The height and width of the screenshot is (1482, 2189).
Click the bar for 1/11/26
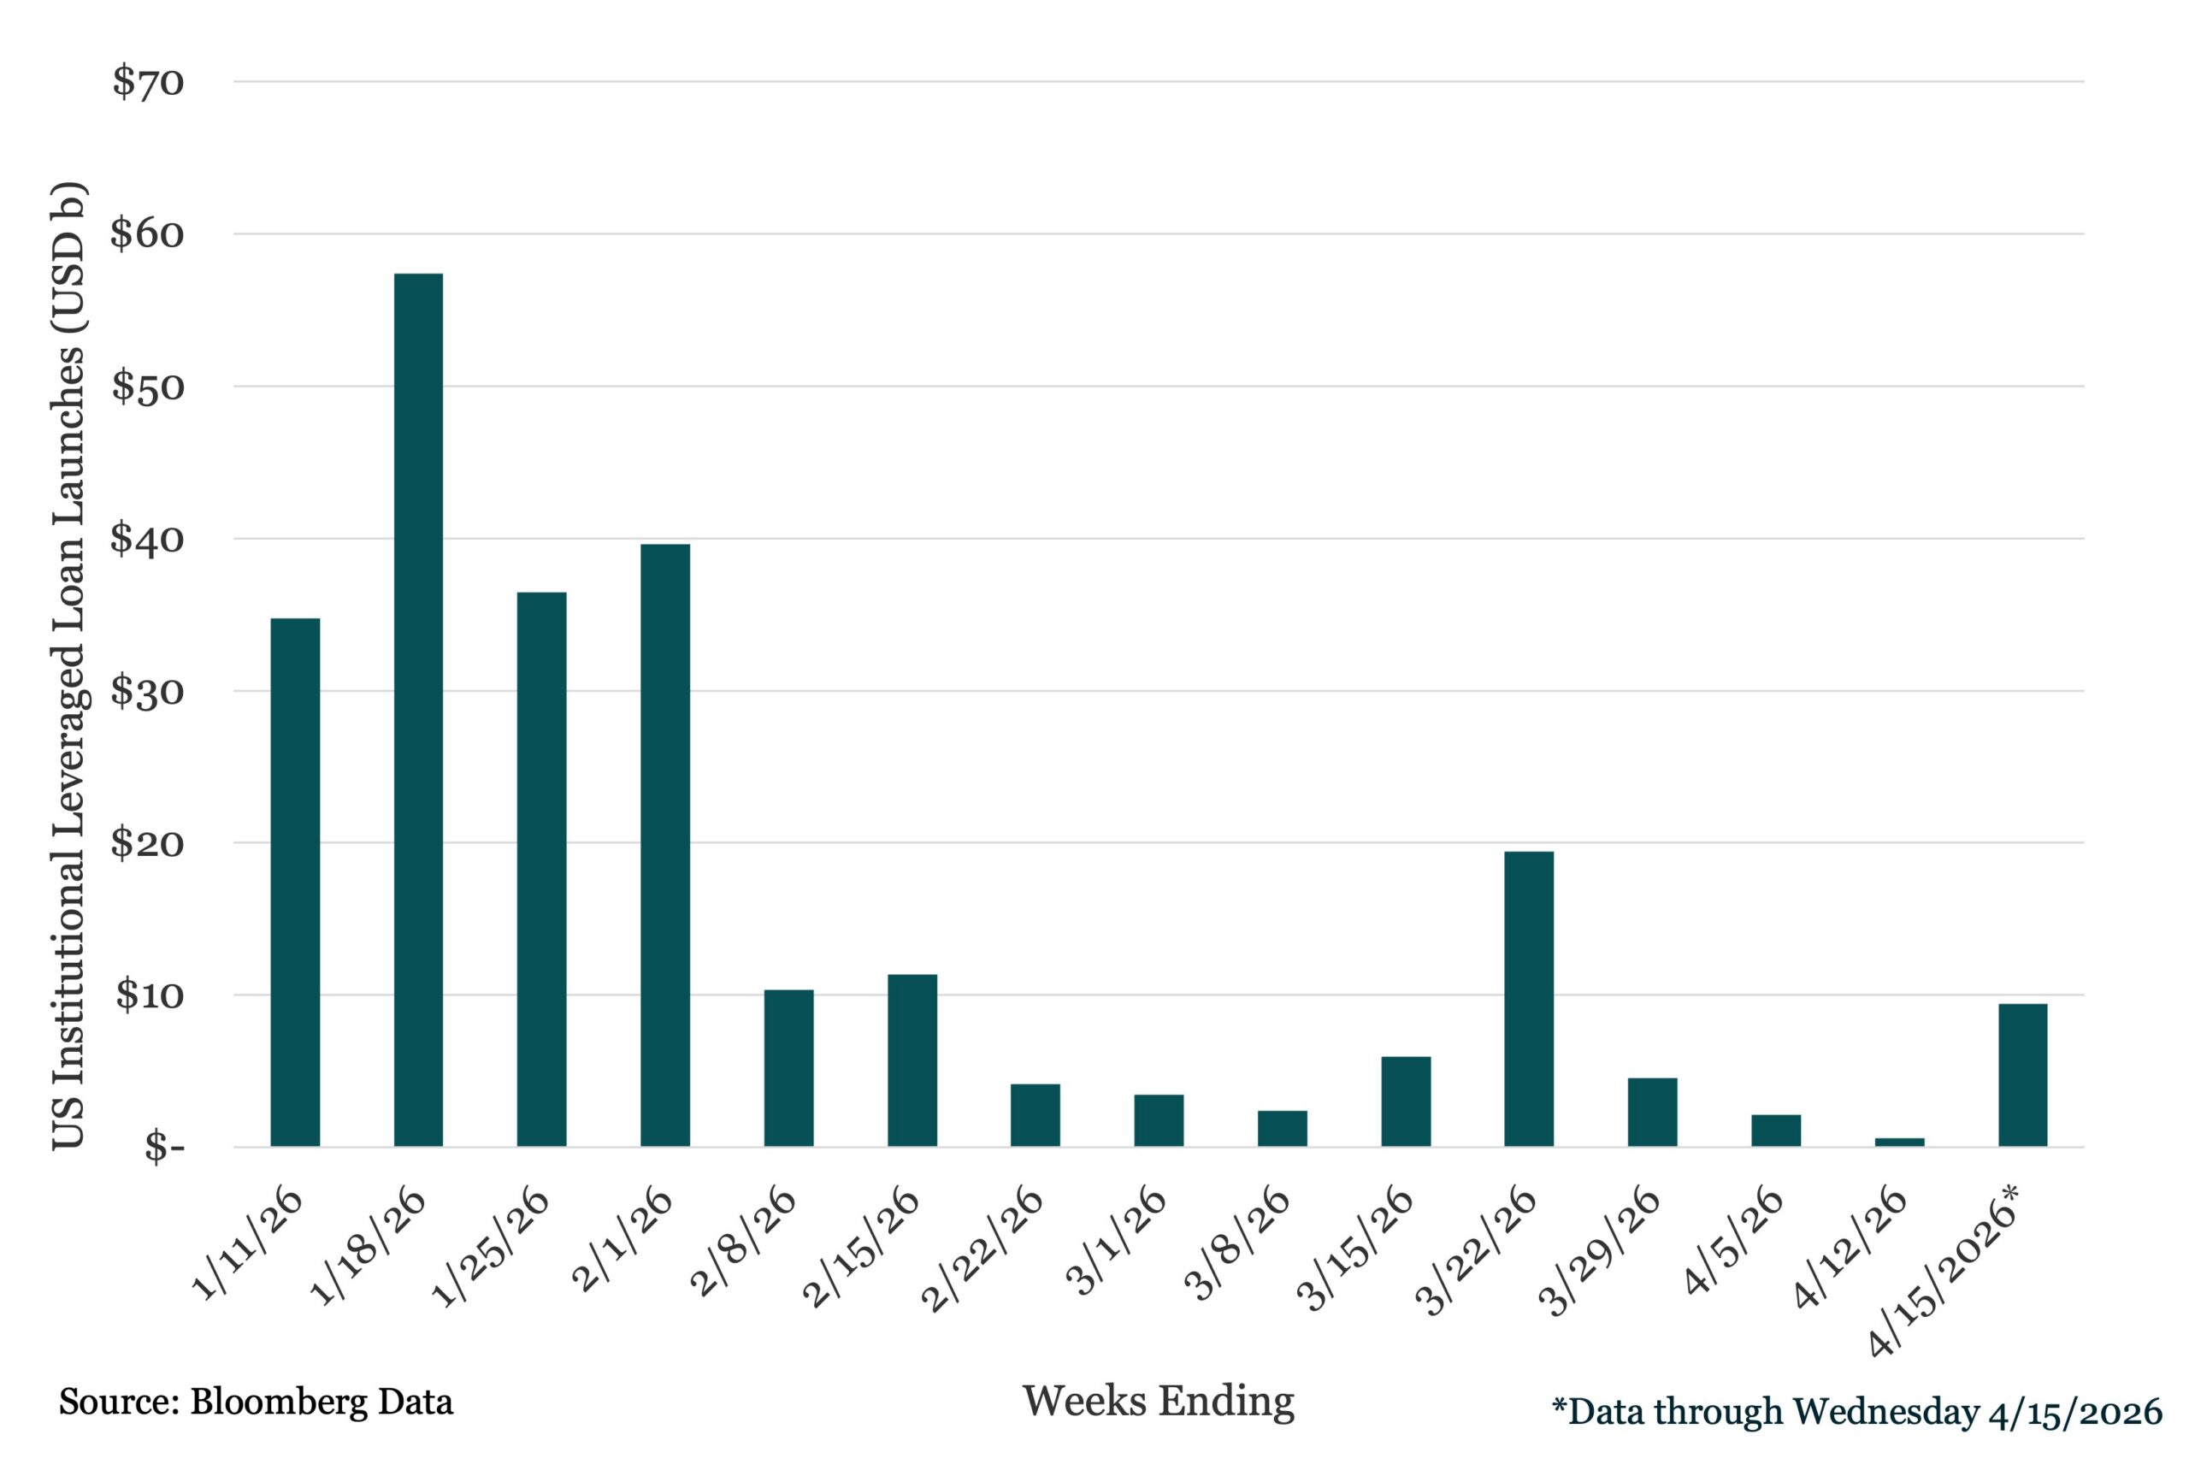(x=295, y=882)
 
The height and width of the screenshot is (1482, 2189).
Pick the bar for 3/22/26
(x=1529, y=999)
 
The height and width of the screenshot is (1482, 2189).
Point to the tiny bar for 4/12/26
(x=1899, y=1142)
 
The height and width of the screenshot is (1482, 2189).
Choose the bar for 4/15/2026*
(x=2022, y=1075)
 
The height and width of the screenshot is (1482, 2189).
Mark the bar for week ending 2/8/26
(x=788, y=1067)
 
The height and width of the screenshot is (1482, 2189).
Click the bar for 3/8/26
(x=1282, y=1128)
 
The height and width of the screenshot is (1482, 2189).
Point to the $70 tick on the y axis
(x=149, y=82)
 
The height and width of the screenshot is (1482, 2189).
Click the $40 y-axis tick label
(x=147, y=539)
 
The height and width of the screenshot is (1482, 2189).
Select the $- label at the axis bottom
(x=164, y=1148)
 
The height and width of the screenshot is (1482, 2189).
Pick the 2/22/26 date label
(x=982, y=1249)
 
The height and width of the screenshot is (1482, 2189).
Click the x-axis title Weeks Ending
(x=1158, y=1401)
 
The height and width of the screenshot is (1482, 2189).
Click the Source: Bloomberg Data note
(x=257, y=1402)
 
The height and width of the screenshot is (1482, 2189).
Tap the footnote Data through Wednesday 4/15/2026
(x=1856, y=1411)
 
